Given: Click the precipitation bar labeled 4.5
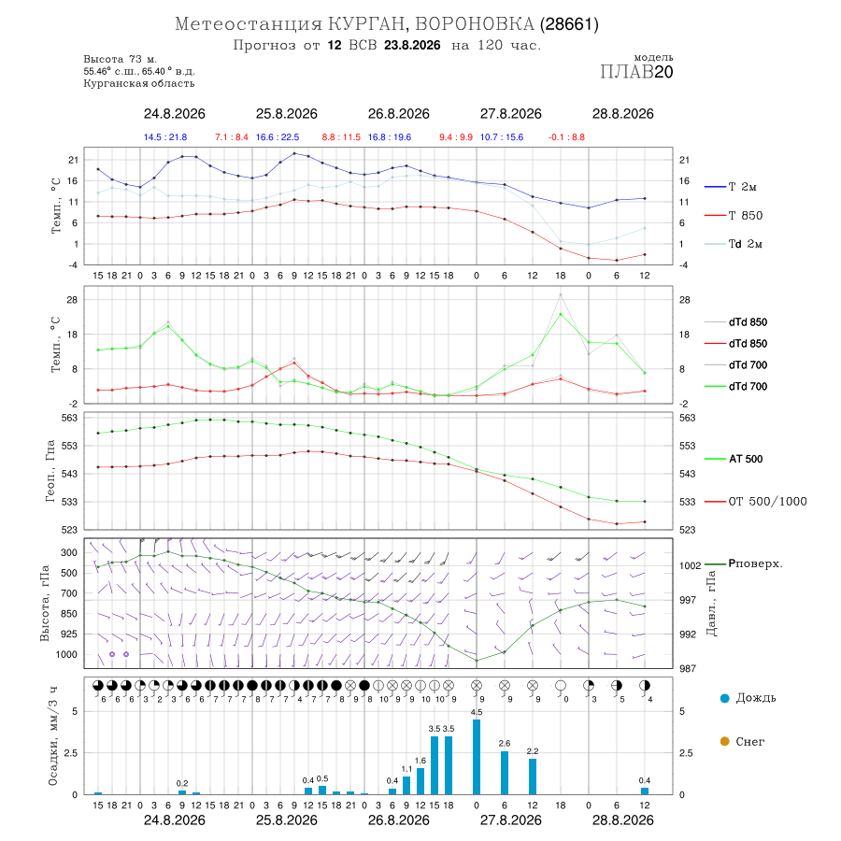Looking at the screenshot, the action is click(x=477, y=757).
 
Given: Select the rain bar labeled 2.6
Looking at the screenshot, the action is click(x=505, y=773).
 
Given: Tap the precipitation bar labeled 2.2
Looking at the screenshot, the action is click(x=533, y=777).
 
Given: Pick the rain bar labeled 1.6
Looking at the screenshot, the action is click(x=420, y=781).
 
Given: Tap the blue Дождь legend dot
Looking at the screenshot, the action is click(x=724, y=698).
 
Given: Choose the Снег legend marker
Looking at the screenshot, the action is click(x=724, y=741).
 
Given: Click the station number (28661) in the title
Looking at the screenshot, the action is click(x=569, y=24).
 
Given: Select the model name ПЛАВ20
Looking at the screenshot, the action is click(x=636, y=72).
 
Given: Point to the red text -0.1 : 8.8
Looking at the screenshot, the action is click(x=566, y=137).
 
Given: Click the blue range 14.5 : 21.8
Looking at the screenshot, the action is click(x=165, y=137).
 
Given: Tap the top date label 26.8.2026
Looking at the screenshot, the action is click(x=398, y=114).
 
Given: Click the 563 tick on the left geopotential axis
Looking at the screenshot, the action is click(x=70, y=418).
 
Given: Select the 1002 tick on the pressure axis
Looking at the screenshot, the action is click(x=691, y=566).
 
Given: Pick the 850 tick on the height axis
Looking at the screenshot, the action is click(x=68, y=614).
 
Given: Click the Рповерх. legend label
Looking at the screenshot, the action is click(x=755, y=563).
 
